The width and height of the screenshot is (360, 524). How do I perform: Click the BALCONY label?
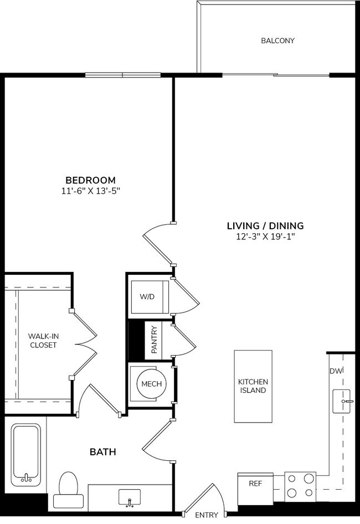coord(277,40)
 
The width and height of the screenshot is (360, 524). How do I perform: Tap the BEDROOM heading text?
coord(90,180)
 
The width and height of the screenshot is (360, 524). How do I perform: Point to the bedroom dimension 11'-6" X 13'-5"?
coord(90,191)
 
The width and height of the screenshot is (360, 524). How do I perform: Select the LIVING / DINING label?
coord(265,225)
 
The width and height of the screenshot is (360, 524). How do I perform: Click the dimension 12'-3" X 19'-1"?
coord(265,237)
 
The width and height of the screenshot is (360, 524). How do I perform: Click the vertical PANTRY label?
coord(155,341)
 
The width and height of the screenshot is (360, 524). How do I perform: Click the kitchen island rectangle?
coord(253,386)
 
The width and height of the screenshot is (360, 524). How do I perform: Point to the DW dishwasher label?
coord(335,371)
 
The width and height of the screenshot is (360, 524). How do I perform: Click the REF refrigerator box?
coord(255,484)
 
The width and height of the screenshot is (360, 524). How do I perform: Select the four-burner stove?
coord(300,485)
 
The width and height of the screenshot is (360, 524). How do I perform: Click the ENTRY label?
coord(207,515)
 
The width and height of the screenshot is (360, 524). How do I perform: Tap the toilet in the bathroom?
coord(68,492)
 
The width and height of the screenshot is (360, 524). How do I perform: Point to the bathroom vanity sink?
coord(129,497)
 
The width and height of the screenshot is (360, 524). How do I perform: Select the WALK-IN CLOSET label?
coord(43,340)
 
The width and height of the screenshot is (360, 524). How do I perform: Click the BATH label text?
coord(103,452)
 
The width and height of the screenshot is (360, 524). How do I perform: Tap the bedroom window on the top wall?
coord(122,75)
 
